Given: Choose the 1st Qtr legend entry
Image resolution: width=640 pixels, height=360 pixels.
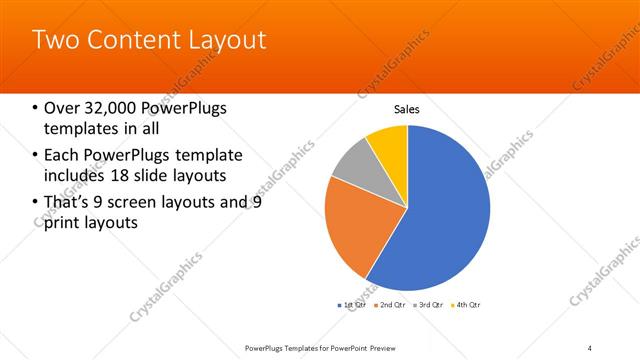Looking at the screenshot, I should click(354, 304).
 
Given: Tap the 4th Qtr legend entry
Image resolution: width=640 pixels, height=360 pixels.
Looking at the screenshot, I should click(466, 304).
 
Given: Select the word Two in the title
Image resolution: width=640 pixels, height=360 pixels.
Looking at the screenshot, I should click(53, 41).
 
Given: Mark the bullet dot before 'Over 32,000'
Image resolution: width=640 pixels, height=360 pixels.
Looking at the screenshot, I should click(35, 109).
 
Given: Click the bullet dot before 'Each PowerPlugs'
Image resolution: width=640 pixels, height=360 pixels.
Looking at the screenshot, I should click(35, 156).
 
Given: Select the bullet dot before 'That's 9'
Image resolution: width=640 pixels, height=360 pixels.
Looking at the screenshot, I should click(35, 203).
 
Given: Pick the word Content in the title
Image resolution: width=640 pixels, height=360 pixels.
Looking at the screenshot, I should click(129, 41).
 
